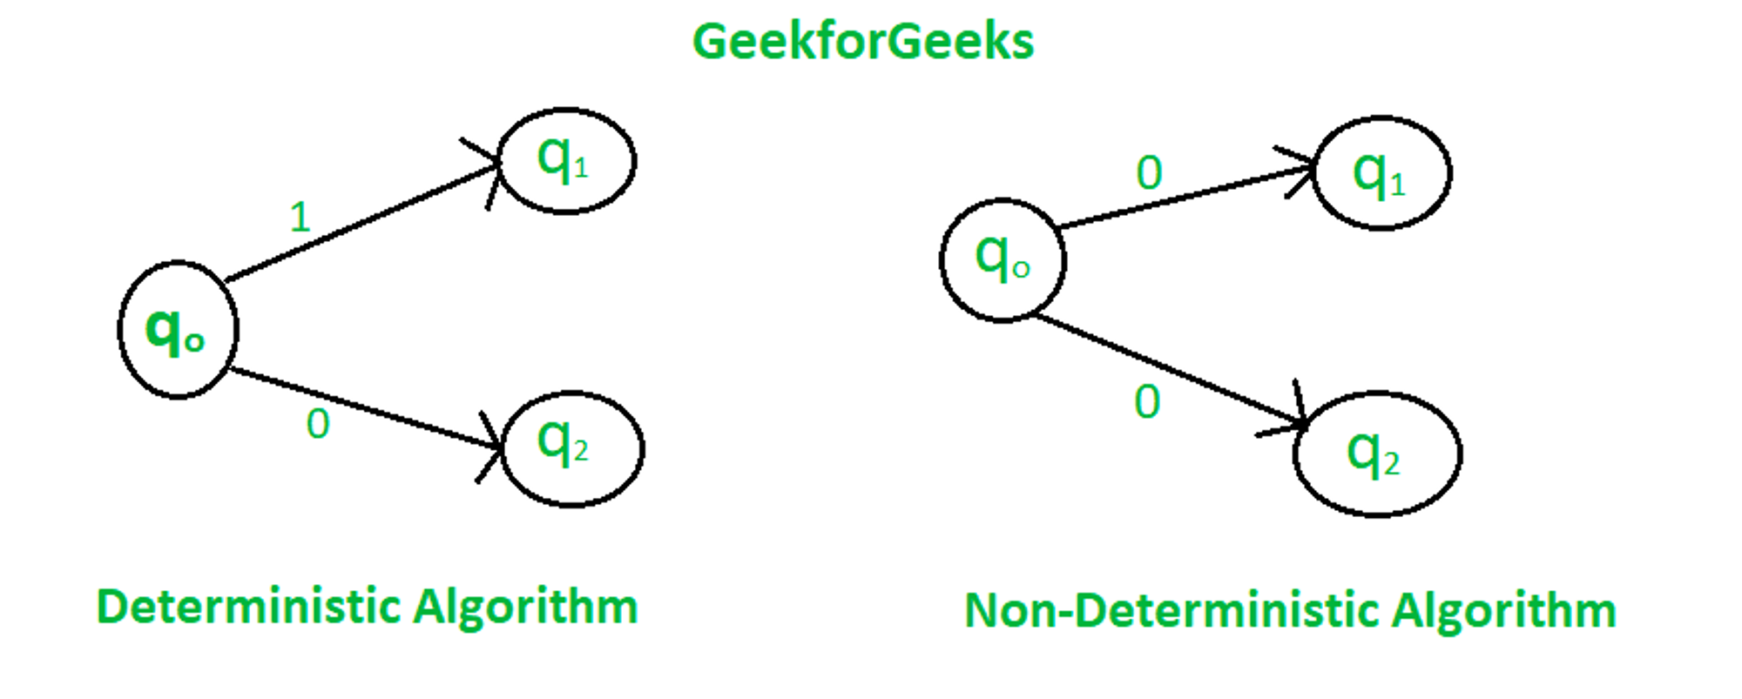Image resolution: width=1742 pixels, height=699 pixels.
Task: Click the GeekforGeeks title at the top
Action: click(862, 42)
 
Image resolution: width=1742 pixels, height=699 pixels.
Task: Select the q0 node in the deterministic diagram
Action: click(178, 330)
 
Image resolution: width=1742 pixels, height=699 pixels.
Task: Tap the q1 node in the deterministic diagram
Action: click(566, 161)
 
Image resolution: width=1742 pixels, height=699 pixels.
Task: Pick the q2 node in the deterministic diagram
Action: click(572, 448)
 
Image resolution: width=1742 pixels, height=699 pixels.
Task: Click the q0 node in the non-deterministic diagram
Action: click(1003, 260)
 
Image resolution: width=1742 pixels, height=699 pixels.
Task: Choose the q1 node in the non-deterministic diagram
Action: click(1381, 173)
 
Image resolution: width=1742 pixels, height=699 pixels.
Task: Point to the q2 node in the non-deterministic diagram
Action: click(1377, 454)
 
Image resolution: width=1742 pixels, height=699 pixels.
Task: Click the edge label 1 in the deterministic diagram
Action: click(300, 217)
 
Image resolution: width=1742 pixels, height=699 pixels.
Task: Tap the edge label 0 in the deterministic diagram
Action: click(318, 425)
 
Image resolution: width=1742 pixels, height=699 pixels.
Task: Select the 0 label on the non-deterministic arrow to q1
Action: click(1149, 173)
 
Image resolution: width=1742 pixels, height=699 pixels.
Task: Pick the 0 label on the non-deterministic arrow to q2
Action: click(1147, 402)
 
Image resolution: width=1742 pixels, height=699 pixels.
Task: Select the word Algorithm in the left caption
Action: click(525, 607)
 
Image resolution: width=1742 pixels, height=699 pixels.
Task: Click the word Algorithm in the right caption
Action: click(1503, 610)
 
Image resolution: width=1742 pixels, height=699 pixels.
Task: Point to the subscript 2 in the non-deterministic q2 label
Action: click(1391, 464)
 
